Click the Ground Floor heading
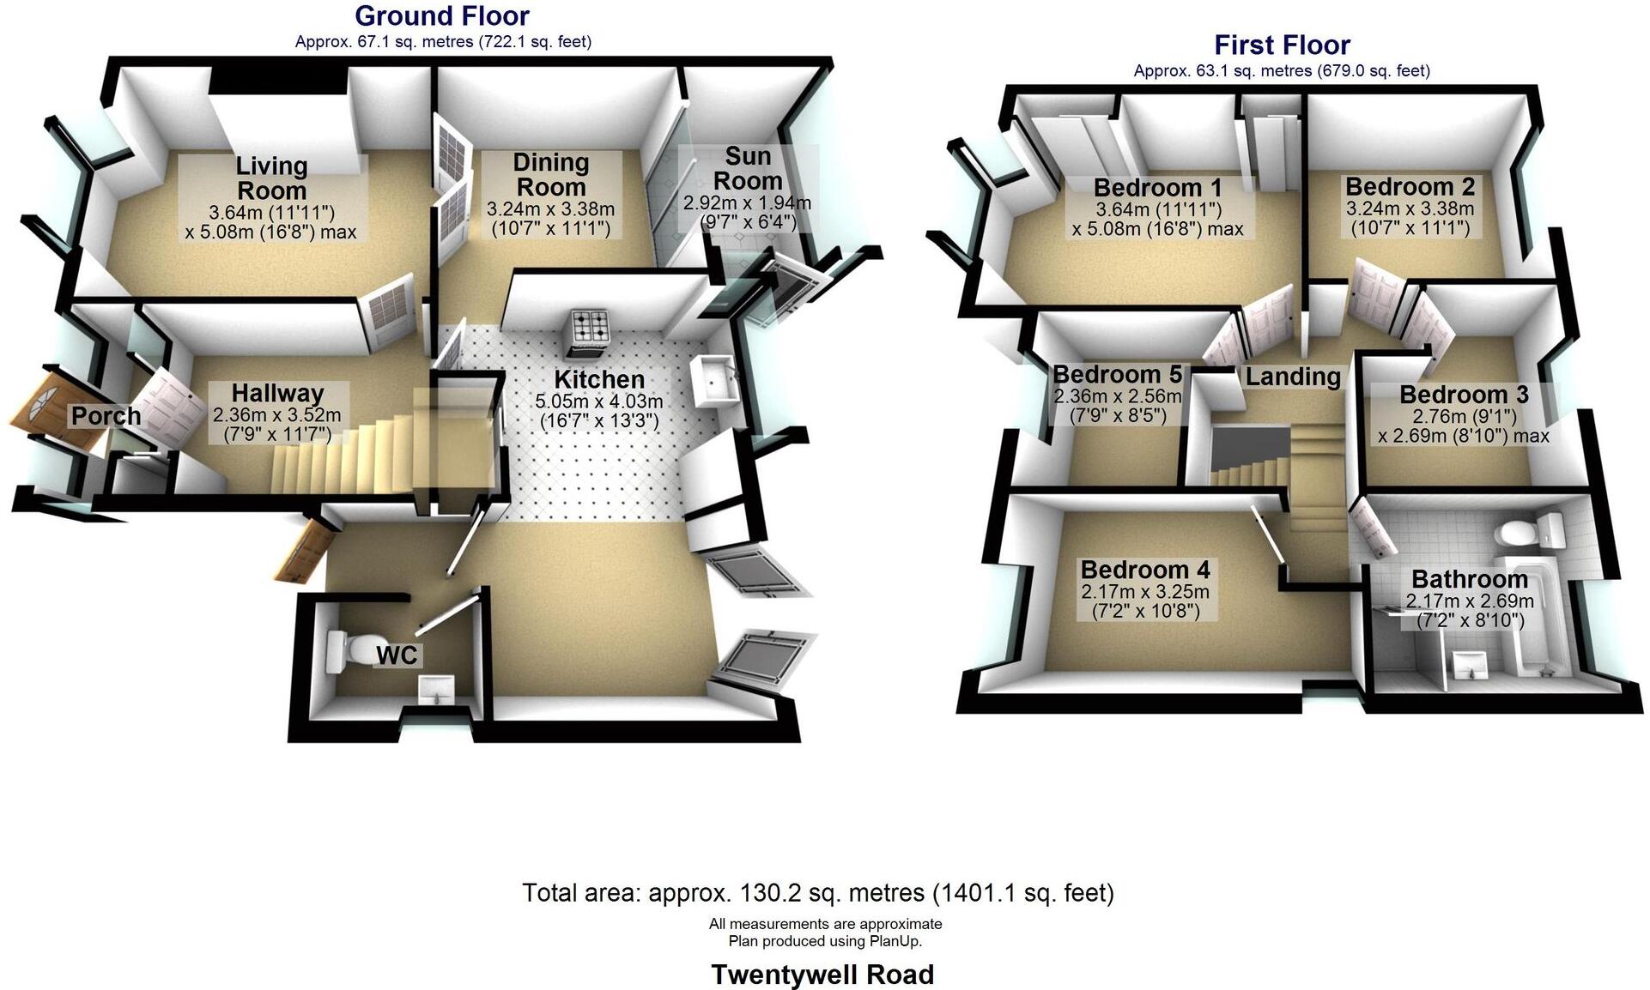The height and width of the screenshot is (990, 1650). click(441, 15)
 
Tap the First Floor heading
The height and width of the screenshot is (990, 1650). click(1282, 45)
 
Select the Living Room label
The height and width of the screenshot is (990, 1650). click(271, 178)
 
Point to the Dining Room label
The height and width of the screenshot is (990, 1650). click(550, 174)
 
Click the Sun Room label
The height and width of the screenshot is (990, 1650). click(748, 168)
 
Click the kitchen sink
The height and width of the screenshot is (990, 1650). click(712, 378)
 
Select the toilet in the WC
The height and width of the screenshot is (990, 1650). click(346, 650)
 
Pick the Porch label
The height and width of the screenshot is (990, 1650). click(106, 416)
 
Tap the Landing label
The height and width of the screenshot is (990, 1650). click(1293, 376)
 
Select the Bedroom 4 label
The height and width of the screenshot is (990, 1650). click(1145, 570)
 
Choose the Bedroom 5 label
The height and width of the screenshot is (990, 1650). click(1117, 374)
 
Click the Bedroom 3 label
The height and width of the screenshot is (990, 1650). click(1464, 395)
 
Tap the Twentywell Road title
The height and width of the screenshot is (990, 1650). click(822, 975)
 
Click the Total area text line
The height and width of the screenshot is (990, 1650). click(817, 893)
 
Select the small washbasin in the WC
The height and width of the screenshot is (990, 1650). click(436, 690)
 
